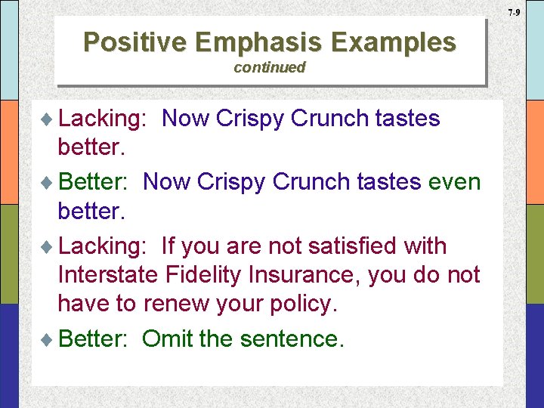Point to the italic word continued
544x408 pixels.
269,67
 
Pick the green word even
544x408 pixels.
454,182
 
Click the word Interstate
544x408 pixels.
107,275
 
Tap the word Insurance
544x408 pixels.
309,275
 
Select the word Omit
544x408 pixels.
166,338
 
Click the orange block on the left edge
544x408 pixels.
9,152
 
